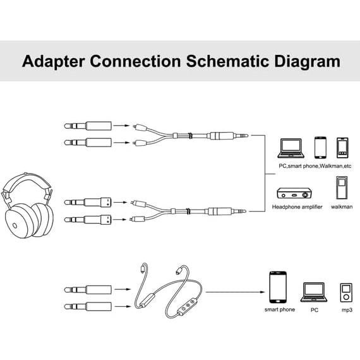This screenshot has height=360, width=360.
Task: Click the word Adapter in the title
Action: coord(53,61)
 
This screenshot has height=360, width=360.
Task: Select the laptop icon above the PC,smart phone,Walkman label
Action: coord(292,148)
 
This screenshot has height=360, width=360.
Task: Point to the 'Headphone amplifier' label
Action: coord(297,207)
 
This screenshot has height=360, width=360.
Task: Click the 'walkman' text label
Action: coord(341,207)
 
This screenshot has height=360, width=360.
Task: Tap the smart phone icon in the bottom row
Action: coord(278,288)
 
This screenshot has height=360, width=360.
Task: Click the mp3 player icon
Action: coord(345,292)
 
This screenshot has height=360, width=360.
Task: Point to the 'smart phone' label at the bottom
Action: coord(279,310)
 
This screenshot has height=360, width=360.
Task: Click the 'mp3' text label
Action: coord(345,310)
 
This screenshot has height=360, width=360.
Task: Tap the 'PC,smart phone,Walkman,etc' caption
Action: coord(315,165)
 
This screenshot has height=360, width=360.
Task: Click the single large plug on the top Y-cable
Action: coord(224,135)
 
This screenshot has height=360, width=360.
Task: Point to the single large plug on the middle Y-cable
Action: coord(224,211)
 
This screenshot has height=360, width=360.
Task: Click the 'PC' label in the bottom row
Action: coord(314,310)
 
